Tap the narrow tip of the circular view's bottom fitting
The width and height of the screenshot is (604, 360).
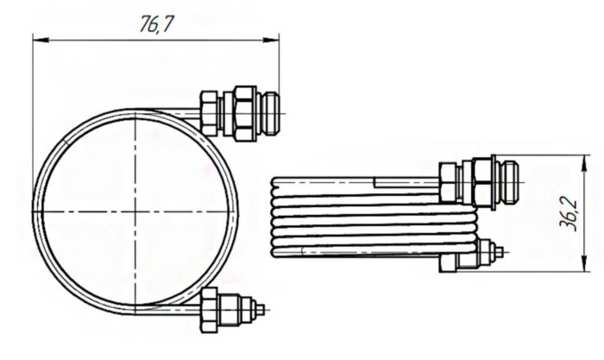(x=261, y=308)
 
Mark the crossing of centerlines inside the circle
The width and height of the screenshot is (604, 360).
(x=136, y=210)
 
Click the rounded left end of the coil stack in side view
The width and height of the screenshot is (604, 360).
(x=274, y=216)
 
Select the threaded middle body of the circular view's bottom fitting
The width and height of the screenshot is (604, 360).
(x=245, y=308)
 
